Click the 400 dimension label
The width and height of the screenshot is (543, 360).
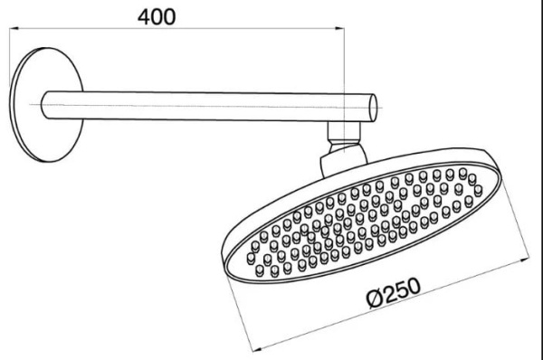point(157,17)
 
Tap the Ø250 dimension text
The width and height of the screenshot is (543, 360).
point(394,292)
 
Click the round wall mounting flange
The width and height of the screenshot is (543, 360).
point(46,105)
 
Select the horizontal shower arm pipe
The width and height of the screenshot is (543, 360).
point(209,106)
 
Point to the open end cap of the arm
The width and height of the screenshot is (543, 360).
point(373,108)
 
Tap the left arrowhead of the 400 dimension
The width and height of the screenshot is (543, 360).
point(14,28)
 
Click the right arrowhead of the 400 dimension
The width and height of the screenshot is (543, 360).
point(340,29)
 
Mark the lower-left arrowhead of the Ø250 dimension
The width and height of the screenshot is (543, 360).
point(257,348)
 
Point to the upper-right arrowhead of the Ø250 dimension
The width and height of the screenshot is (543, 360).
point(525,259)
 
